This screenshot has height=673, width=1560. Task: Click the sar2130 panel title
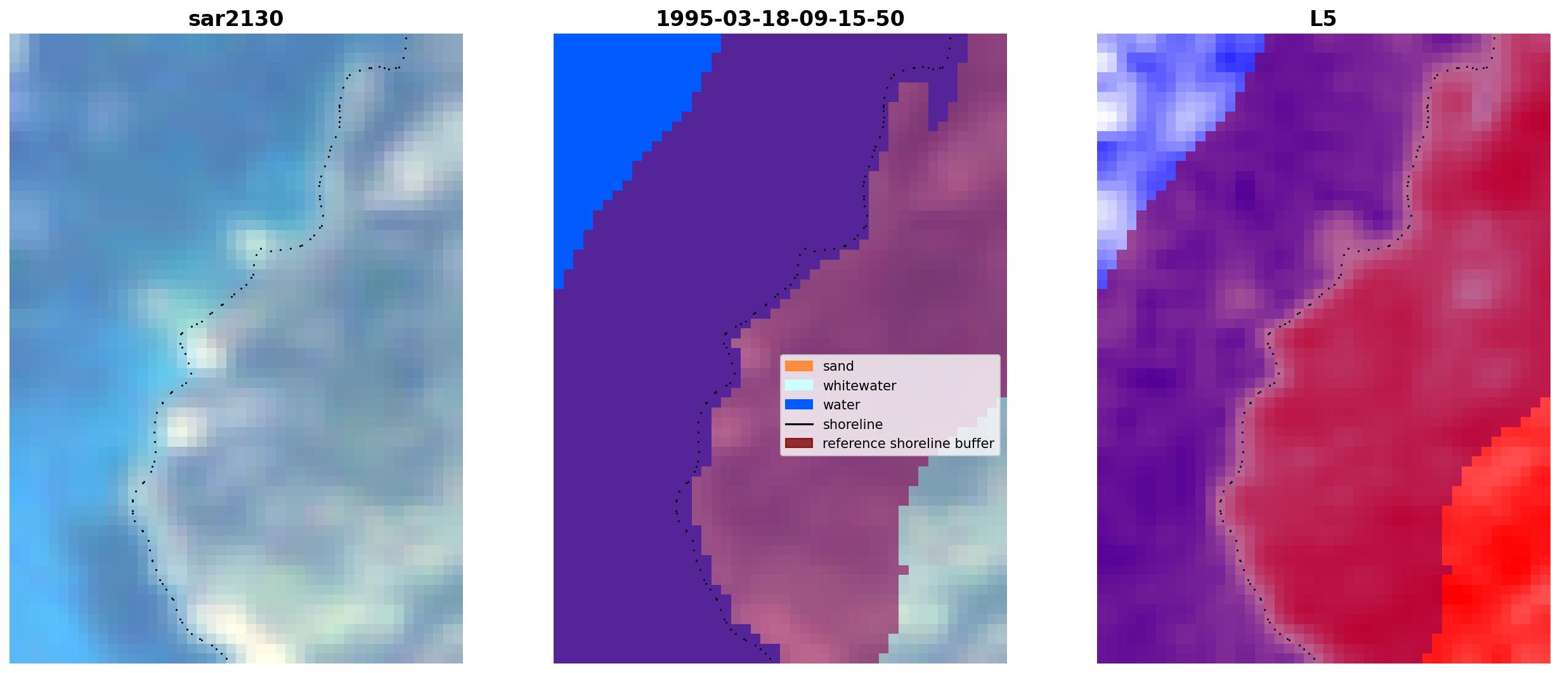236,18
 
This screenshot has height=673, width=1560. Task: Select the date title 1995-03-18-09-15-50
780,18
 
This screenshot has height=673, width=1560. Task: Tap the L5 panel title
1323,18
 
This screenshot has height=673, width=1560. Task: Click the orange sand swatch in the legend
799,366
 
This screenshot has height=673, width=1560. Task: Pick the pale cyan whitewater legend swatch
799,385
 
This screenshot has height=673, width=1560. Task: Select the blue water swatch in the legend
799,404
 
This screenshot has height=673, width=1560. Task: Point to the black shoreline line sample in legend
799,424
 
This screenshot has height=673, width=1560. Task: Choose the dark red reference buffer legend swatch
799,443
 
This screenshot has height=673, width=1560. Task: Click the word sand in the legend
838,366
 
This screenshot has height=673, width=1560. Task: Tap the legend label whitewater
859,386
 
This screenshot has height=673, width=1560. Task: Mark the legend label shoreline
853,425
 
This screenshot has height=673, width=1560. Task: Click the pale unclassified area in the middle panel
951,570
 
